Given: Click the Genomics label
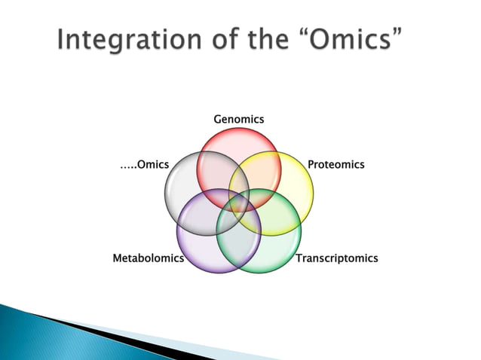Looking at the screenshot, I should click(x=239, y=119).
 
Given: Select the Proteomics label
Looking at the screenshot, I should click(x=336, y=164).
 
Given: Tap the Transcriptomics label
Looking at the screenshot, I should click(x=336, y=258).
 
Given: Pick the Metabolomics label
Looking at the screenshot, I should click(x=149, y=258).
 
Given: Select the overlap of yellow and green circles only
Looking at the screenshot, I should click(x=283, y=214).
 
